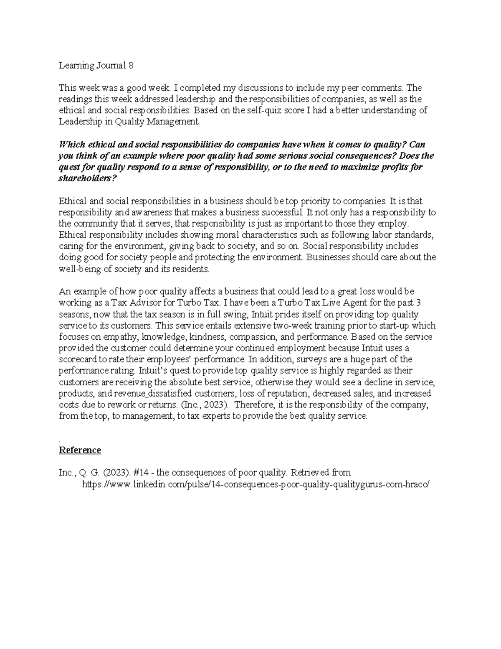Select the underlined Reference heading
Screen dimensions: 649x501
80,450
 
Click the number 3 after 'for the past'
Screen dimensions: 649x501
423,303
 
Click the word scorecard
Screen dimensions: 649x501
78,359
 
